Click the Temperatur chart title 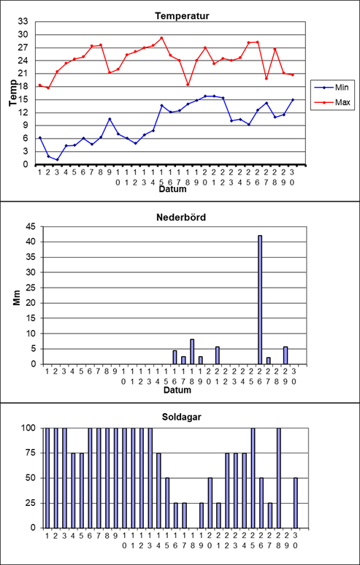pos(182,16)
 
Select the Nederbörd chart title pos(181,218)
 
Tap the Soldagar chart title pos(181,418)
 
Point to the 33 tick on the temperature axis pos(23,22)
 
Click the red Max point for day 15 pos(161,38)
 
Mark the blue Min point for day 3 pos(57,160)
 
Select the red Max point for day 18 pos(188,85)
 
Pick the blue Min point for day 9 pos(110,119)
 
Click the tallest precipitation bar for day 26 pos(260,300)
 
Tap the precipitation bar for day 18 pos(192,352)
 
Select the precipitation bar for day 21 pos(218,355)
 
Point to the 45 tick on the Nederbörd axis pos(30,226)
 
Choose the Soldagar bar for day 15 pos(167,503)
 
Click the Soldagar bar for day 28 pos(279,478)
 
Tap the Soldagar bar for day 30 pos(296,503)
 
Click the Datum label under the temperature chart pos(173,189)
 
